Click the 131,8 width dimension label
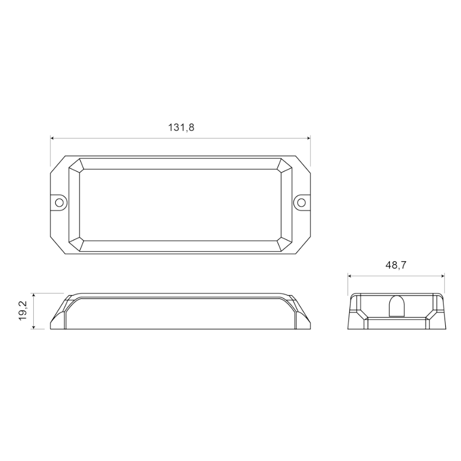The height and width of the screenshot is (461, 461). [181, 127]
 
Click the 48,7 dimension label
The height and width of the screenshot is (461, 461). [396, 265]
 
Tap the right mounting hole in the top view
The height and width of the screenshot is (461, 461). [301, 202]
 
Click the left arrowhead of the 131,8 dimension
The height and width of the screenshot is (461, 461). [53, 139]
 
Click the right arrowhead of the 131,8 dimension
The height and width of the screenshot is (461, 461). [308, 139]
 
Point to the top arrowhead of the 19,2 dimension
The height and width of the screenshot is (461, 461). [34, 296]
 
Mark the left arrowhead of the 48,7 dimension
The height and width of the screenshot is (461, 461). [350, 276]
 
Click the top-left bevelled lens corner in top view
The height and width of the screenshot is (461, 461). [77, 164]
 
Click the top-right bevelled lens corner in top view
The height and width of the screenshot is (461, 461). [284, 164]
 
